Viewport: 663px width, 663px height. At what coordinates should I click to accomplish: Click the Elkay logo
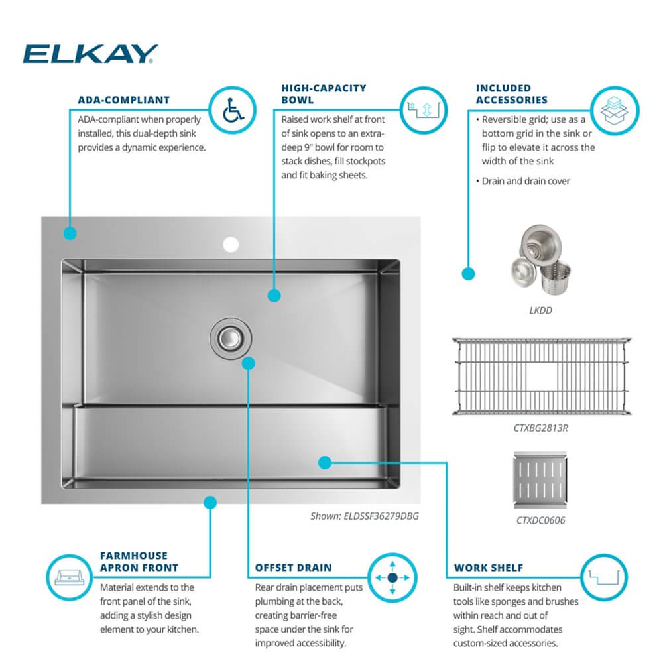click(x=90, y=54)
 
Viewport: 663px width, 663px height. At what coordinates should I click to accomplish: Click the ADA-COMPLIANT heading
click(x=123, y=100)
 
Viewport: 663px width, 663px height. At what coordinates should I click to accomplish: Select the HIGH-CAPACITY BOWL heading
click(x=323, y=93)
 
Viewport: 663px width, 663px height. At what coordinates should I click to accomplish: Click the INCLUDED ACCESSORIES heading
click(x=512, y=93)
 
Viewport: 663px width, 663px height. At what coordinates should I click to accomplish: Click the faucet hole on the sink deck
click(x=231, y=245)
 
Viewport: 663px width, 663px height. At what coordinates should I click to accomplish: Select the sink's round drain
click(x=231, y=337)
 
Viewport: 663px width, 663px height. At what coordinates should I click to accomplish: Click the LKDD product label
click(x=541, y=310)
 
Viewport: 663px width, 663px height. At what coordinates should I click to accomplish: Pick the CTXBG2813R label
click(x=541, y=428)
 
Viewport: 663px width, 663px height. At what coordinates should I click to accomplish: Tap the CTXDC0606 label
click(x=541, y=520)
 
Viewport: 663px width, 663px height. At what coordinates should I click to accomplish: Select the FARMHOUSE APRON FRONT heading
click(x=139, y=561)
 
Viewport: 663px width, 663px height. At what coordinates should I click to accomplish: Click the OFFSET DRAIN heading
click(x=294, y=568)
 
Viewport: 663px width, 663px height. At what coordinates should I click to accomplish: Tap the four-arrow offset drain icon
click(x=391, y=578)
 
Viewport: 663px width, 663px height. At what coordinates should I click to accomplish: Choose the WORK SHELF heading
click(x=489, y=568)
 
